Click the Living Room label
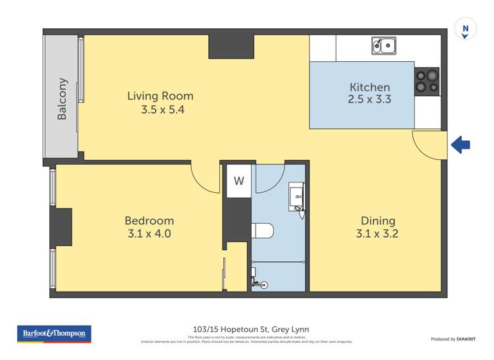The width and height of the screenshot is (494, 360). (x=160, y=96)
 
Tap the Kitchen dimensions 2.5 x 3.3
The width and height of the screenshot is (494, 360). (x=370, y=101)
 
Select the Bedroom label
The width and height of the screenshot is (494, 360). (x=150, y=220)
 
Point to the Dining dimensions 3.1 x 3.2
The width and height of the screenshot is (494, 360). (x=377, y=234)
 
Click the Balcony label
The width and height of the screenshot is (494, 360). (x=62, y=99)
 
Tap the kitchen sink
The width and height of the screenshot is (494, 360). (x=383, y=45)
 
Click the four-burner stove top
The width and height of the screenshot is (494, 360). (x=427, y=81)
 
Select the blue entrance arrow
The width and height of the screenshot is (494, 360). (x=460, y=145)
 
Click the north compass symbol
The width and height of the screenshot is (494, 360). (x=466, y=30)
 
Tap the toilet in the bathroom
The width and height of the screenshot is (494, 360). (x=262, y=231)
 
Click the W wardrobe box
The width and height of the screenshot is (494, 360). (x=238, y=181)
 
